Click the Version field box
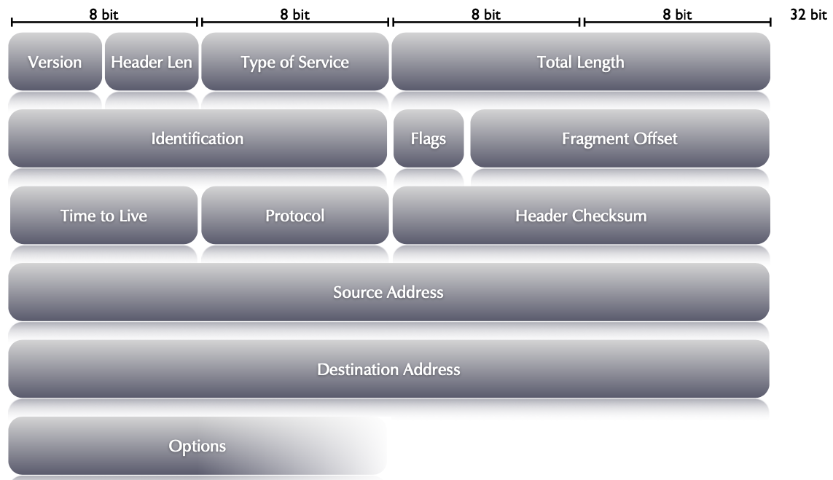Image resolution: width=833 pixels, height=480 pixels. click(x=55, y=62)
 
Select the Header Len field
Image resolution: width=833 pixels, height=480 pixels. click(x=152, y=62)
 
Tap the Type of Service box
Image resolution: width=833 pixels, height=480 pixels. click(x=294, y=62)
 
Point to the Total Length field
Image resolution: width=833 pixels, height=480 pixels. click(x=581, y=62)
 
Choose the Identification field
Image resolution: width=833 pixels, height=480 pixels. click(x=197, y=138)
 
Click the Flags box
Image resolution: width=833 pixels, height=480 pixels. click(x=428, y=138)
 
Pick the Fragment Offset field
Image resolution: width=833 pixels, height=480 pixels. click(x=619, y=138)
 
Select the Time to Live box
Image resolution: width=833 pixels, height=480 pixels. click(x=103, y=216)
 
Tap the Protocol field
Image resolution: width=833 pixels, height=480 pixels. click(x=294, y=216)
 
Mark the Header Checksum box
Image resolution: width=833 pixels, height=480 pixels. click(x=581, y=216)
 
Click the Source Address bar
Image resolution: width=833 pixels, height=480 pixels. click(x=388, y=292)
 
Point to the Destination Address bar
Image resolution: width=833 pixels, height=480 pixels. click(x=388, y=369)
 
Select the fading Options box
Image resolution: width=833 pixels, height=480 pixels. click(x=197, y=446)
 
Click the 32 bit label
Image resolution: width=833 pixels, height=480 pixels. click(x=808, y=15)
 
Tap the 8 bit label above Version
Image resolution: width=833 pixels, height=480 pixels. click(x=103, y=15)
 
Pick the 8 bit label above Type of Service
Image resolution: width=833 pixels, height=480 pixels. click(x=294, y=15)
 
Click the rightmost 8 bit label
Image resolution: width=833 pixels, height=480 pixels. click(x=677, y=15)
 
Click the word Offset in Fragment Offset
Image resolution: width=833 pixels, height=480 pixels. click(x=654, y=138)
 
